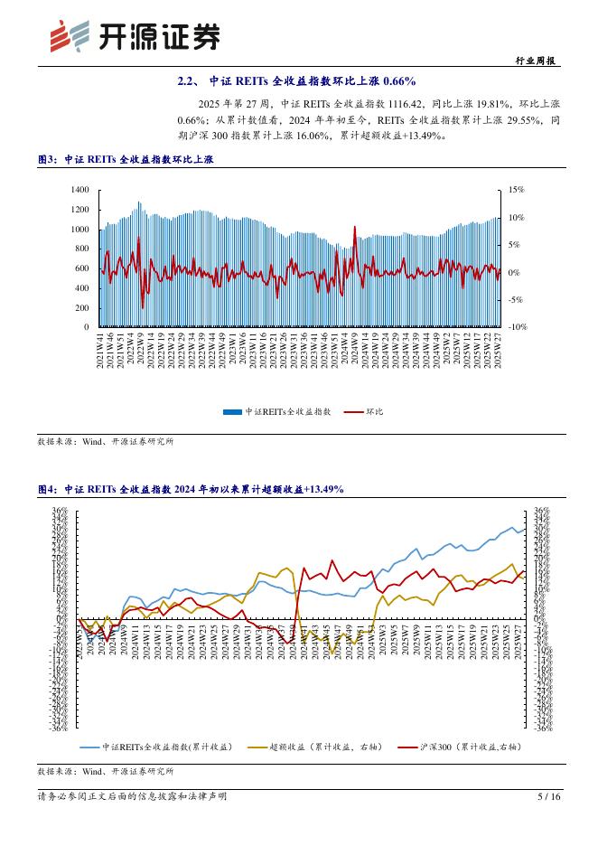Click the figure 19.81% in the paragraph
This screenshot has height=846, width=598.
pos(495,104)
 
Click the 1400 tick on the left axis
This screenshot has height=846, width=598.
pos(79,190)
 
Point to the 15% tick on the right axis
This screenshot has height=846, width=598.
pos(517,190)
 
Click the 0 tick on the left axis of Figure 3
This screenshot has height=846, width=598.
pos(86,327)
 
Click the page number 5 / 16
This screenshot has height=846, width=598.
pos(548,796)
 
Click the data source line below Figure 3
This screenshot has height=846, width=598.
pos(105,442)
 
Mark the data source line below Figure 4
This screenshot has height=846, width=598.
pos(105,772)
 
